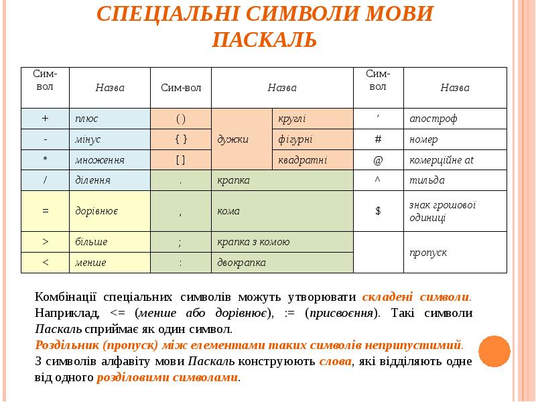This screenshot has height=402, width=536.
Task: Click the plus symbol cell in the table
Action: tap(45, 119)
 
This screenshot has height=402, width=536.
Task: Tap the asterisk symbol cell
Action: tap(45, 159)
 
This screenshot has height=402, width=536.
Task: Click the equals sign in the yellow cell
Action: tap(45, 210)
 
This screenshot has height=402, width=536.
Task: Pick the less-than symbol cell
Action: tap(45, 262)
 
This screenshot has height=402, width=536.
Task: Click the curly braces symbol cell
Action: tap(181, 139)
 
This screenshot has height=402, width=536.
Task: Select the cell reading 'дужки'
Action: tap(233, 139)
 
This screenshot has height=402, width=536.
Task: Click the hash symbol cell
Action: tap(378, 139)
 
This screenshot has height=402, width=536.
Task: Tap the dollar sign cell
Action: tap(378, 210)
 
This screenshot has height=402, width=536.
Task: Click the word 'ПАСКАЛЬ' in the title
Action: tap(264, 40)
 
